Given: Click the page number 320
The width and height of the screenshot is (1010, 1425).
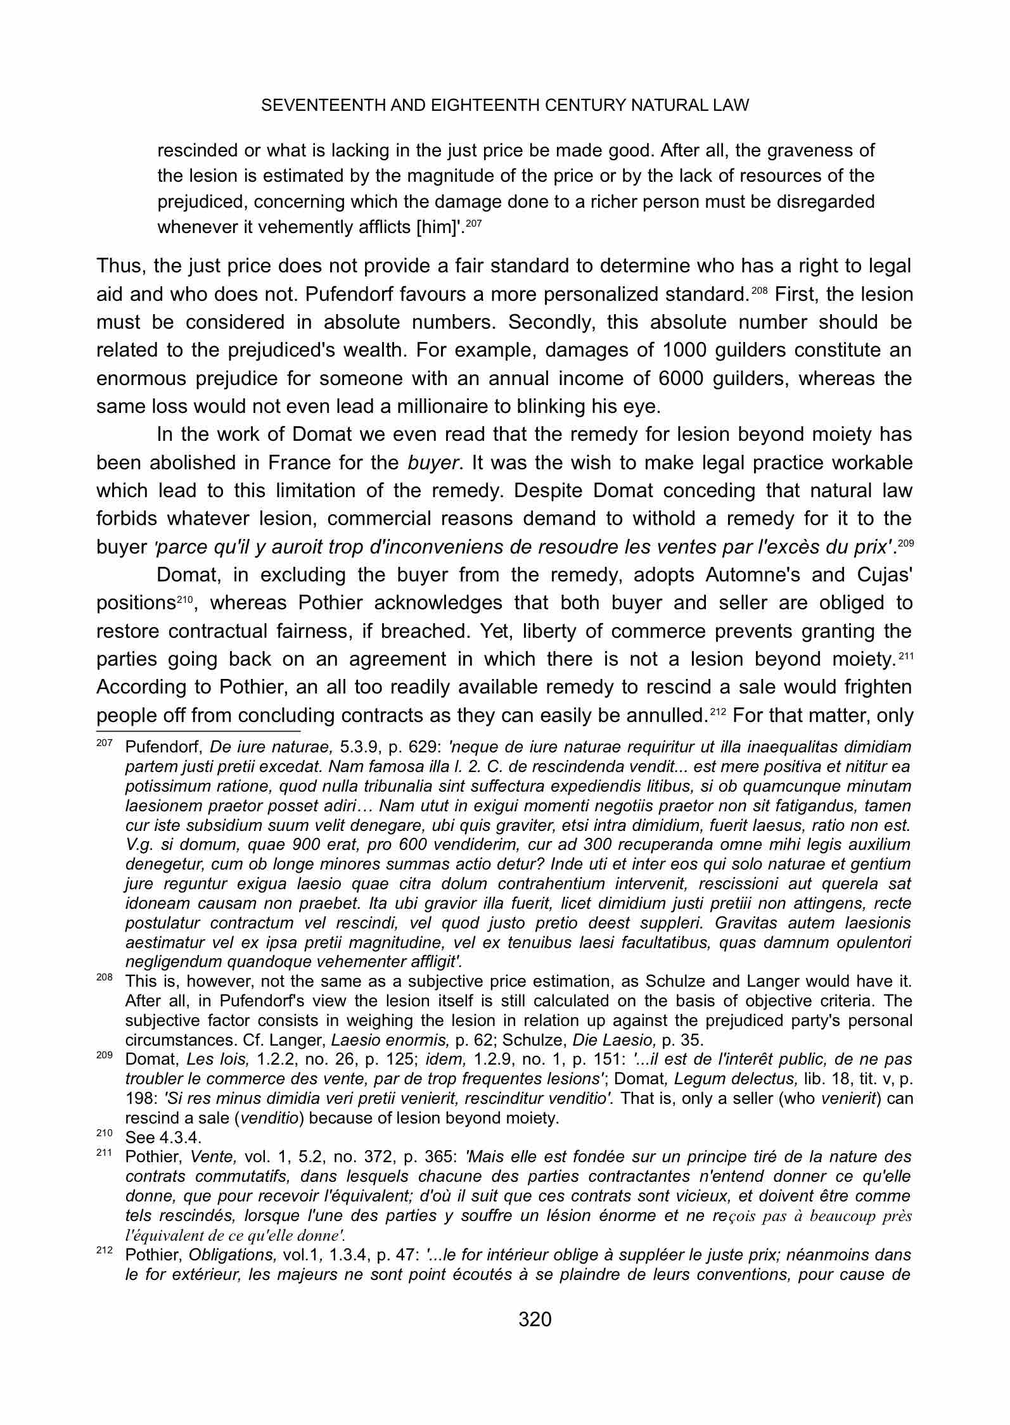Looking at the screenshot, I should [x=535, y=1319].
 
